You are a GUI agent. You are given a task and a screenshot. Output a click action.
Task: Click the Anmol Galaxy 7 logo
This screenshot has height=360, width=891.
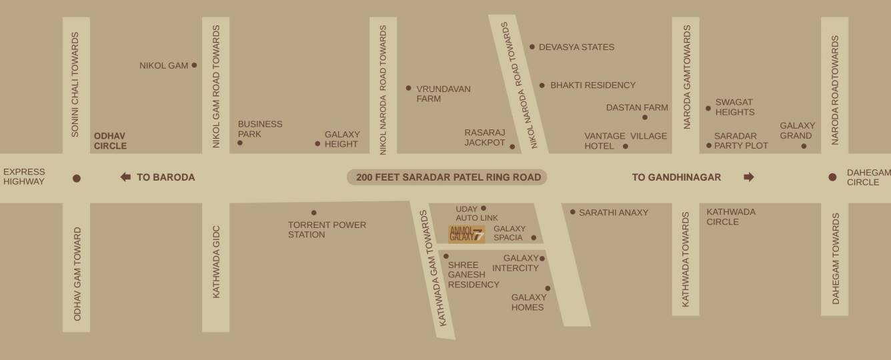(466, 234)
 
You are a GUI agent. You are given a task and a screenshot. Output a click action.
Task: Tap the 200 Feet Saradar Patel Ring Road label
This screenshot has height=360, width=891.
(447, 177)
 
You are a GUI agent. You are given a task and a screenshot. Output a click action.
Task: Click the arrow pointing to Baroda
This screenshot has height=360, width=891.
(125, 177)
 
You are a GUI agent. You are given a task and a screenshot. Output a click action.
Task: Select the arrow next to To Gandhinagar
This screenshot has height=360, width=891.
(748, 177)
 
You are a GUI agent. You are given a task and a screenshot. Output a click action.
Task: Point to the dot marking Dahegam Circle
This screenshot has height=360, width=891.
(832, 177)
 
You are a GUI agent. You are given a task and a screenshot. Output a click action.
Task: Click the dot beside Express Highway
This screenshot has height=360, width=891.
(77, 178)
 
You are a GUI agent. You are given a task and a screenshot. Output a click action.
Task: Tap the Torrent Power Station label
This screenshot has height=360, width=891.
(327, 229)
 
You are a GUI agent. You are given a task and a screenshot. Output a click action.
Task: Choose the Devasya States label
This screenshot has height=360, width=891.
(576, 47)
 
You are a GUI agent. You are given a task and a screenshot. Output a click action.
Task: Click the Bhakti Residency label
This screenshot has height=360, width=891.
(593, 85)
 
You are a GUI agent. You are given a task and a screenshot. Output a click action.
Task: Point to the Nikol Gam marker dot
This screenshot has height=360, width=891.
(194, 65)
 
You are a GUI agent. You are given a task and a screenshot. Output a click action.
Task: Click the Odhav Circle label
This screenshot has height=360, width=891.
(110, 140)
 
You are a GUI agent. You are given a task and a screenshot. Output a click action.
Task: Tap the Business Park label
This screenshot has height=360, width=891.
(260, 129)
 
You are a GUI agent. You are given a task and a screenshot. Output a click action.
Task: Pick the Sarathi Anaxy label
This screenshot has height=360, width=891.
(614, 213)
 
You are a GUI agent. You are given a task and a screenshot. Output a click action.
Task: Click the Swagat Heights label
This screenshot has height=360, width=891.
(734, 107)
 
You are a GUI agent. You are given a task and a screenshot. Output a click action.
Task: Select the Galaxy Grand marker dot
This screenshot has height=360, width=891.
(804, 146)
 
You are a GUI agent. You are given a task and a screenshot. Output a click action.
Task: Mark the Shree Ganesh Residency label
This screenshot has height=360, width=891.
(474, 275)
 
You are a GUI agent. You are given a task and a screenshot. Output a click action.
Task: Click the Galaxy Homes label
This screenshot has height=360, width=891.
(528, 302)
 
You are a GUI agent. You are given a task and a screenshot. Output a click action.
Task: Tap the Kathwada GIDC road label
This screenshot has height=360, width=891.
(216, 261)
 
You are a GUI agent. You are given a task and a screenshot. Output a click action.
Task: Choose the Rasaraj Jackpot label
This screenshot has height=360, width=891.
(485, 137)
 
